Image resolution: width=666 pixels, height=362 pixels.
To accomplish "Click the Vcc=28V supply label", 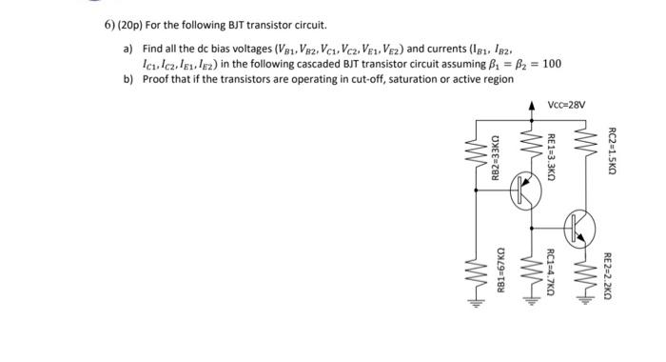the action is point(568,104).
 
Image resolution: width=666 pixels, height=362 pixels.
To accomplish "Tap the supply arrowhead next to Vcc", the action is point(531,104).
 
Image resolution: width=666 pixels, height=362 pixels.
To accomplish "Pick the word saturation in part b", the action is point(389,80).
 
